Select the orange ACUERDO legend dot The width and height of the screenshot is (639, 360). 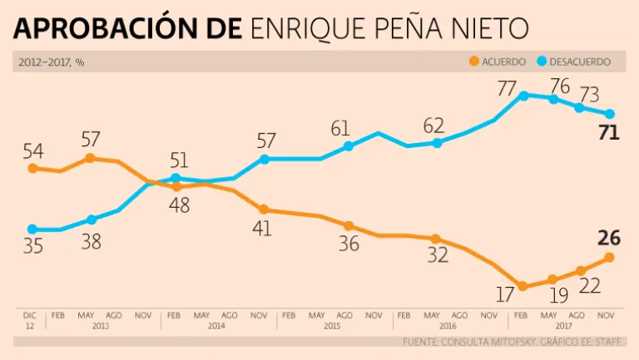(x=474, y=62)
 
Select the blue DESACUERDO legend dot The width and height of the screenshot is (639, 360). (x=542, y=62)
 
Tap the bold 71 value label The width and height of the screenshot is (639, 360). (x=609, y=132)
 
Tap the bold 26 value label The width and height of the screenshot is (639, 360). (x=609, y=238)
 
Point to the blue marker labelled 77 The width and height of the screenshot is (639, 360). (x=523, y=96)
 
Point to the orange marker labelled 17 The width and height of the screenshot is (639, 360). (x=523, y=286)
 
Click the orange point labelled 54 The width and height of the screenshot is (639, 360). (x=32, y=168)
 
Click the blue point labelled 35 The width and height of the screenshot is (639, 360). (x=32, y=229)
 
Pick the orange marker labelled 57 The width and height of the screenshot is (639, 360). (x=90, y=158)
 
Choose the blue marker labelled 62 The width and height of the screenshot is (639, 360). (x=437, y=143)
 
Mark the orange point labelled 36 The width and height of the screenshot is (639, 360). (x=349, y=226)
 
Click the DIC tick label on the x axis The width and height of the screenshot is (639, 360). (x=30, y=316)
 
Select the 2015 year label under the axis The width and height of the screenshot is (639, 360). (x=330, y=326)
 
